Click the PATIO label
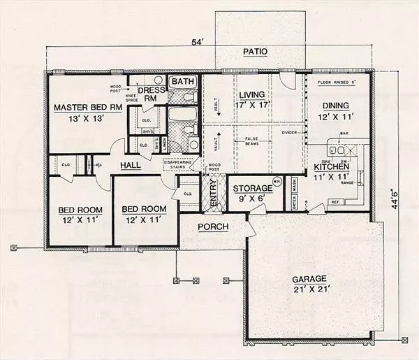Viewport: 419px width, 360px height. pos(257,51)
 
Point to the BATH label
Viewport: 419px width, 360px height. pos(184,82)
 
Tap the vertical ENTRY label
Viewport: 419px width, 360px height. pos(214,193)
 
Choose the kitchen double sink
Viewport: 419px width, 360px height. pos(339,150)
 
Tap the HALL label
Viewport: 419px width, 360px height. pos(131,165)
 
